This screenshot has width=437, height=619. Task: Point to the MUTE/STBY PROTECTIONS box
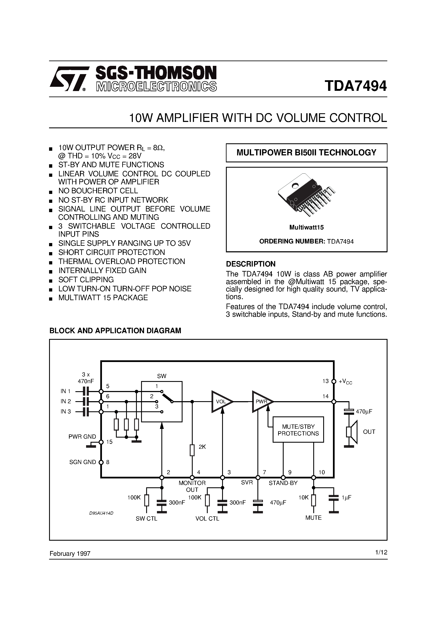click(x=298, y=430)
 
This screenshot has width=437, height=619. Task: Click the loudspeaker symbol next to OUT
click(x=352, y=432)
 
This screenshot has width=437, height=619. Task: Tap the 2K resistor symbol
click(x=192, y=450)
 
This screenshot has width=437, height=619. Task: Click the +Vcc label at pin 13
click(x=345, y=381)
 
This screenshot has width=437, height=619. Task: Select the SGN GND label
click(x=82, y=462)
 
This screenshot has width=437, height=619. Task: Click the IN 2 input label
click(x=66, y=401)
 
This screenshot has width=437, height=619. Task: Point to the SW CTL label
click(x=146, y=518)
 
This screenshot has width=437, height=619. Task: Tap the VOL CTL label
click(x=207, y=518)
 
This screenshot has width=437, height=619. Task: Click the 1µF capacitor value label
click(x=346, y=498)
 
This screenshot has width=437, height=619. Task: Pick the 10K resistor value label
click(x=303, y=498)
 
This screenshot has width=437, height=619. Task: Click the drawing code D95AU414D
click(x=101, y=513)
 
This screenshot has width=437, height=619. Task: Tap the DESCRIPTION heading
click(x=251, y=264)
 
